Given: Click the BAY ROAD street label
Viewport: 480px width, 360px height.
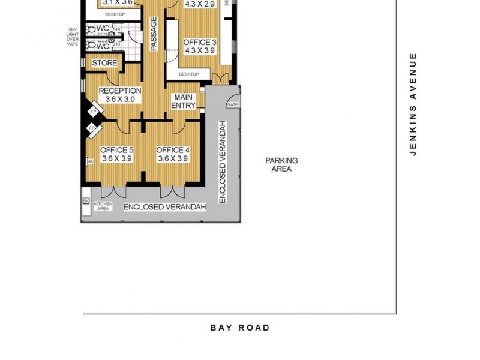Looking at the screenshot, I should (x=240, y=328).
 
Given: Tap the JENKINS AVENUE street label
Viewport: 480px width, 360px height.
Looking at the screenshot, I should (x=413, y=104).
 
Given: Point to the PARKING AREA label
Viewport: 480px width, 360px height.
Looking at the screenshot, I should (x=281, y=165).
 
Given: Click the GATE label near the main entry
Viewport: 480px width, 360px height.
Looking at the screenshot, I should (x=232, y=105).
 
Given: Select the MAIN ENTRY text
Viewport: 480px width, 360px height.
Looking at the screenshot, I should (x=184, y=101).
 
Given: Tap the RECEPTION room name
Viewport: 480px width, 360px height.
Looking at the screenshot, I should (x=120, y=91).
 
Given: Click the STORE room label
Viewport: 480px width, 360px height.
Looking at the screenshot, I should (x=104, y=63).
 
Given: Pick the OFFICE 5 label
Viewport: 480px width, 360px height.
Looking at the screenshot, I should (x=116, y=150).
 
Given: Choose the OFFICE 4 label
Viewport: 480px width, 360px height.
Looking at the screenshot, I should (x=173, y=150).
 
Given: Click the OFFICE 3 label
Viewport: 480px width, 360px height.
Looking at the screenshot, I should (x=200, y=43).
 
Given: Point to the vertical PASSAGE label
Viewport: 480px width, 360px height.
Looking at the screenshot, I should (x=154, y=34).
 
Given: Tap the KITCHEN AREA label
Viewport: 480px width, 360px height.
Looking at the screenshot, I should (x=103, y=206).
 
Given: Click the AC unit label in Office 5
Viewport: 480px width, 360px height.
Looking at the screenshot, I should (x=91, y=161).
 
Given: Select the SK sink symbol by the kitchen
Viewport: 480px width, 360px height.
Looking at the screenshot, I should (x=85, y=200).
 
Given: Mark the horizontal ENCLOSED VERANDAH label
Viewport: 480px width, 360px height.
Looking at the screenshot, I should (x=164, y=207).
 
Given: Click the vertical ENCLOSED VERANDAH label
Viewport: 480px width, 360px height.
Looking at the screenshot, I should (x=222, y=161).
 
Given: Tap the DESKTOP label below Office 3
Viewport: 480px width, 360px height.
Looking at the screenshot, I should (x=188, y=74).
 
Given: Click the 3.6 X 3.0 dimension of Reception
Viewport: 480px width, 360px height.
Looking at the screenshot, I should (x=120, y=100).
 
